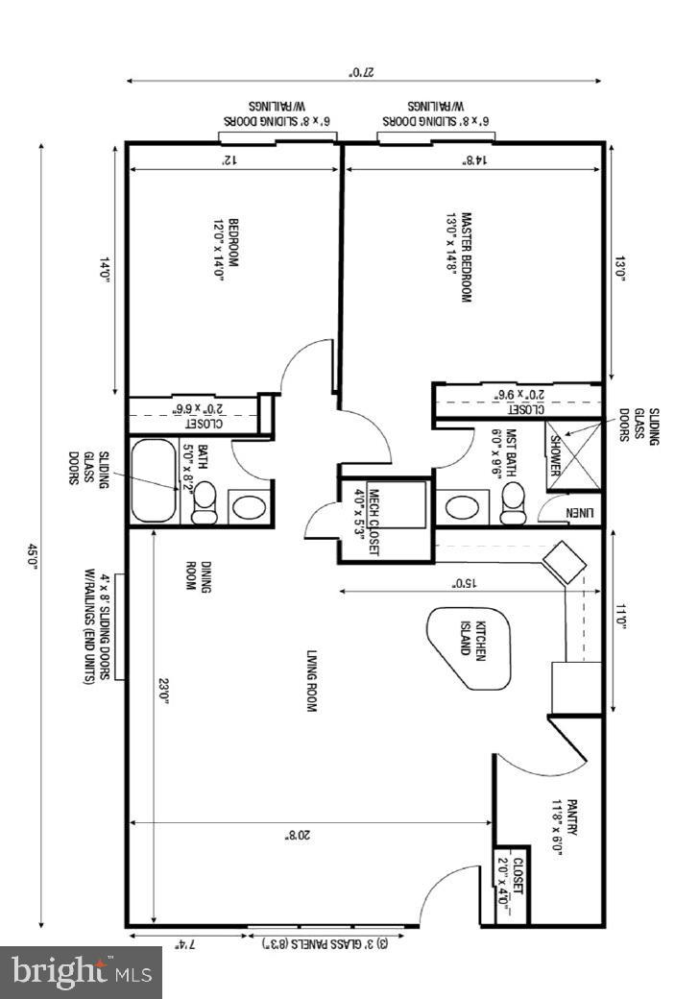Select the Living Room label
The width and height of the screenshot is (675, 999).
[311, 681]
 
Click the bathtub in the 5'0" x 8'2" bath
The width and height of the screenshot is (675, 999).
[154, 480]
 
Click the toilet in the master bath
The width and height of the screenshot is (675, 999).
[513, 500]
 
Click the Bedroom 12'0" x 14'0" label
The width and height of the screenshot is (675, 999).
[226, 248]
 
